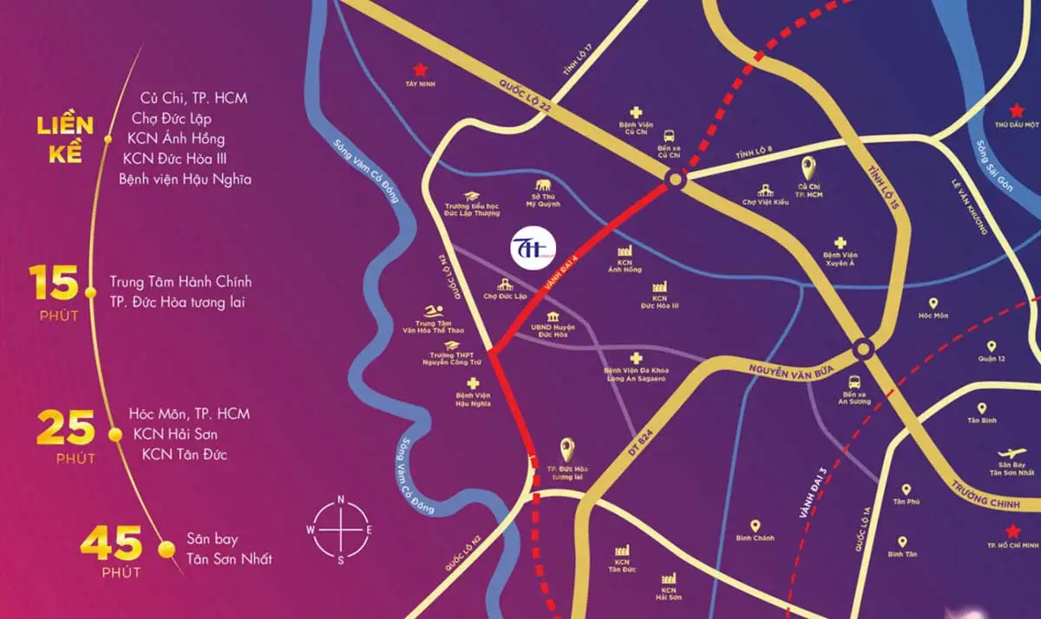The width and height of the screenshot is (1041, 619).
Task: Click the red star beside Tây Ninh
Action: tap(421, 68)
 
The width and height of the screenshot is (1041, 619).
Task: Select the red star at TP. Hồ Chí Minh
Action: tap(1012, 531)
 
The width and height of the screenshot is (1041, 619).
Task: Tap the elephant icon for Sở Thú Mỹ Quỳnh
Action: tap(544, 186)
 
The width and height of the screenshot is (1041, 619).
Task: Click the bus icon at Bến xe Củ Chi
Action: tap(669, 135)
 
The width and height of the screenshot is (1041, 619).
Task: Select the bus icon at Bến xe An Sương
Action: tap(854, 381)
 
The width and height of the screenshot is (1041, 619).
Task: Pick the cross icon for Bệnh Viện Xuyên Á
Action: tap(839, 244)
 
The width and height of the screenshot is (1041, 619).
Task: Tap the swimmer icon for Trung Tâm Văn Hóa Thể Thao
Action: tap(432, 312)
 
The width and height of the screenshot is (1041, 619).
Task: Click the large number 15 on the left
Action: tap(54, 283)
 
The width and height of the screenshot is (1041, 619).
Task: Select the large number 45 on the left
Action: tap(110, 544)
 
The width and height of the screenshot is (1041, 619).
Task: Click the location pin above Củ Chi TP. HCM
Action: tap(809, 168)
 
